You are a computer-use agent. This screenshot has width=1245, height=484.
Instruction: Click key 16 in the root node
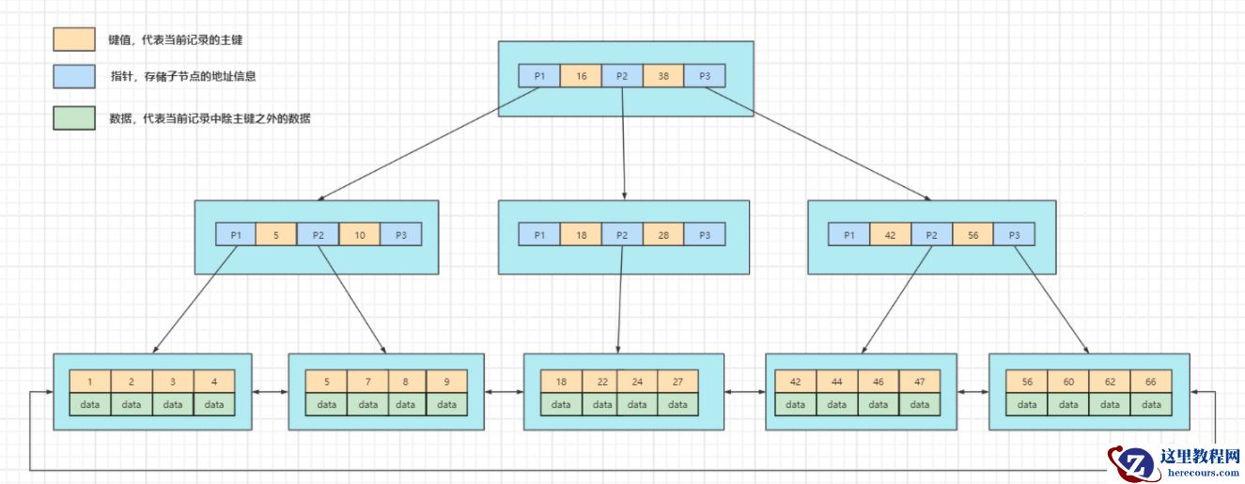coord(581,76)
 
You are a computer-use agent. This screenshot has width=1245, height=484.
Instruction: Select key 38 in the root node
coord(663,76)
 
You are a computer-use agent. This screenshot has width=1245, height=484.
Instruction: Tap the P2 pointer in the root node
coord(622,76)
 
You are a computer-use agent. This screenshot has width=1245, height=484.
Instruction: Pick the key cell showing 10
coord(360,234)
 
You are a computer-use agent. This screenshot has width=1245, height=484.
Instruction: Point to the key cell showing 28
coord(663,234)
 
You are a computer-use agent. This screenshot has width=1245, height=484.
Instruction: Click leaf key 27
coord(677,382)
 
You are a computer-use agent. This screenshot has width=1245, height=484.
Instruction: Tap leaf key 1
coord(89,382)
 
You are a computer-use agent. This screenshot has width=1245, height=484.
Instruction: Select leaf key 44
coord(836,382)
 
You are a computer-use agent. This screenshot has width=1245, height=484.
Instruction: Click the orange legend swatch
coord(74,39)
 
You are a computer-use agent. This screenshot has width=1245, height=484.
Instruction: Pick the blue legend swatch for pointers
coord(74,76)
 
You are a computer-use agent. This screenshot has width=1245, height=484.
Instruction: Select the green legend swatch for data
coord(74,117)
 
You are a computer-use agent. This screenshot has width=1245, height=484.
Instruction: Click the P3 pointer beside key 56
coord(1014,234)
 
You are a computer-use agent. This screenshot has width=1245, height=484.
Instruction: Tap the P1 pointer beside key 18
coord(539,234)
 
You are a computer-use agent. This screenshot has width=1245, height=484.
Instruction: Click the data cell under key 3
coord(173,405)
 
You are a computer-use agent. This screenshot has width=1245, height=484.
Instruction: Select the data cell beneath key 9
coord(445,405)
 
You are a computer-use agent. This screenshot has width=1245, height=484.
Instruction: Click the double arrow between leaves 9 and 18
coord(504,391)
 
